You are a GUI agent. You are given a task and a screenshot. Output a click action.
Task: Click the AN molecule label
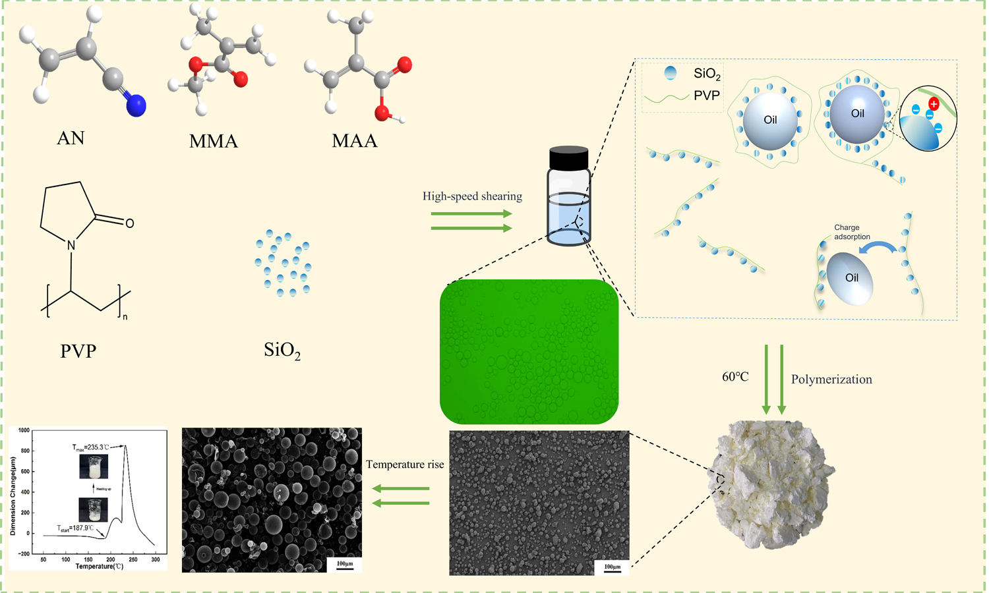[71, 138]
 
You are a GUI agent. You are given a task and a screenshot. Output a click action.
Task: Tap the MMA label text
[213, 141]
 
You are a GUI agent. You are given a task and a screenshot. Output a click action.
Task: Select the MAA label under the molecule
[355, 141]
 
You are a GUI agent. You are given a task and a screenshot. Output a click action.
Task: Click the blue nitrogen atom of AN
[136, 105]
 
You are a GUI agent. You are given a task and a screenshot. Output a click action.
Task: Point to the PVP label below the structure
[78, 351]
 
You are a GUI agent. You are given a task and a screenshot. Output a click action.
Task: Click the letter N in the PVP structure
[71, 245]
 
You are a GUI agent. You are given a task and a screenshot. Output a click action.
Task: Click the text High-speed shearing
[472, 196]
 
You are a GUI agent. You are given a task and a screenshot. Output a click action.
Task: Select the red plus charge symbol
[934, 104]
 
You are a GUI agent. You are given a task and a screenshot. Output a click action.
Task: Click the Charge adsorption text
[852, 232]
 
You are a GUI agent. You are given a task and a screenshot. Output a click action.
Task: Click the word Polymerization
[831, 380]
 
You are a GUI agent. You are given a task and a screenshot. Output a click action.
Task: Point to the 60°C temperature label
[735, 377]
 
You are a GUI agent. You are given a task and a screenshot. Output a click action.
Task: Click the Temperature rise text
[405, 465]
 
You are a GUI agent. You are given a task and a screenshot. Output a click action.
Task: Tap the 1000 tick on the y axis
[24, 430]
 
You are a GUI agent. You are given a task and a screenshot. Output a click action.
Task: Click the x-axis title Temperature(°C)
[99, 567]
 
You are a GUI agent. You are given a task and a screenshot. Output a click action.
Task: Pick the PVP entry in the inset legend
[706, 96]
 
